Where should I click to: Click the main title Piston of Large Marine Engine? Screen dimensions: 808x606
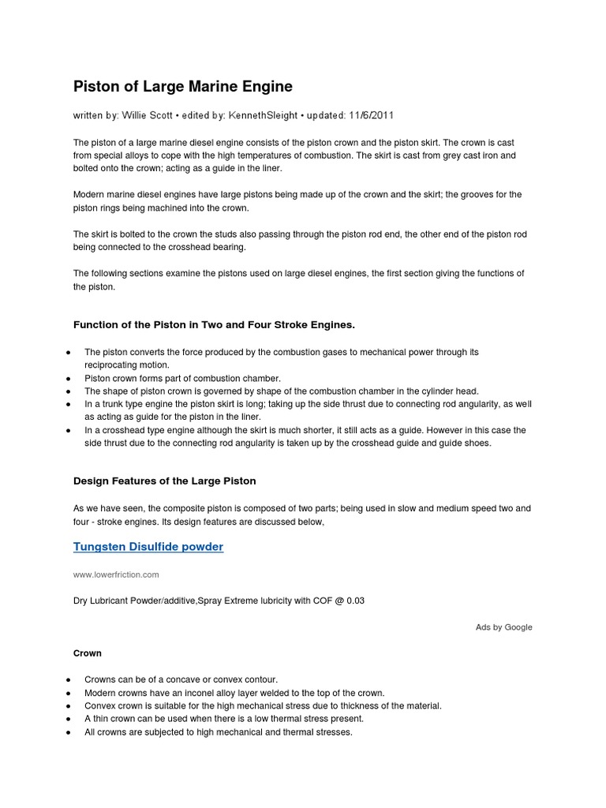[182, 86]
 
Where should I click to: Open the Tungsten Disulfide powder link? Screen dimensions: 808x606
[148, 547]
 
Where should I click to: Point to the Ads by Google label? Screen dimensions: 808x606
[503, 627]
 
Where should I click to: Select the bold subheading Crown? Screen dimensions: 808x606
[87, 653]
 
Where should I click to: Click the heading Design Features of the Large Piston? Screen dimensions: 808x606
[164, 481]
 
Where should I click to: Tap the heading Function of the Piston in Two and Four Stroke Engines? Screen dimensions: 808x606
[214, 324]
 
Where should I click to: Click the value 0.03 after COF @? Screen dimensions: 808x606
[354, 600]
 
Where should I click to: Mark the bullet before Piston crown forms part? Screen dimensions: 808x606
[69, 379]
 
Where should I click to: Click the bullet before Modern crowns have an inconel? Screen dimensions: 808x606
[69, 692]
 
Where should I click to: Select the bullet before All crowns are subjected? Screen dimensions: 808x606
[69, 732]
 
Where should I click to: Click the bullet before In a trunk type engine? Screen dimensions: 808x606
[69, 404]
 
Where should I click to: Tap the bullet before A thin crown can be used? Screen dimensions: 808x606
[69, 719]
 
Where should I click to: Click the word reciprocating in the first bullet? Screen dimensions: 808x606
[116, 365]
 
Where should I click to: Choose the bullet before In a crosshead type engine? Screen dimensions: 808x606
[69, 431]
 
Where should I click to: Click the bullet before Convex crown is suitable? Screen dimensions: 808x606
[69, 705]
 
